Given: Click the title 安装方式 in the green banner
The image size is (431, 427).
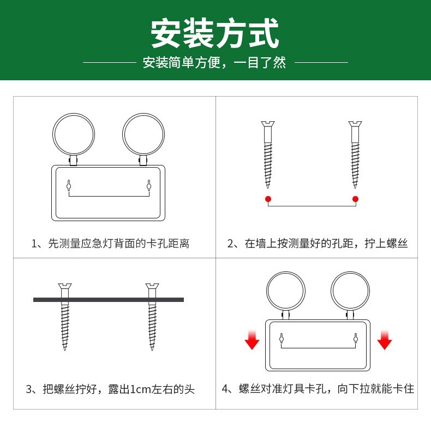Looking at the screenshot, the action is click(x=214, y=33).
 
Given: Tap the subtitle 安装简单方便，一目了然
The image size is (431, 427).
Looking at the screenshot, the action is click(x=214, y=62).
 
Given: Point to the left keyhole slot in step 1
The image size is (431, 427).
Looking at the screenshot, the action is click(x=69, y=186).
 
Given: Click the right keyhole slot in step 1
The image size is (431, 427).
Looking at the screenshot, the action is click(x=149, y=186).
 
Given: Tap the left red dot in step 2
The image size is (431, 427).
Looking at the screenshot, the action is click(x=268, y=199).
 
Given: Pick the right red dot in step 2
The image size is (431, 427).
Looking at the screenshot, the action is click(x=355, y=199).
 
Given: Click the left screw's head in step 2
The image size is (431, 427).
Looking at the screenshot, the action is click(x=268, y=123).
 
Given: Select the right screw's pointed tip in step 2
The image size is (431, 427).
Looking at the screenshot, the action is click(x=355, y=188).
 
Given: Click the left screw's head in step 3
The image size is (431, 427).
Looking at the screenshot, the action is click(x=65, y=286).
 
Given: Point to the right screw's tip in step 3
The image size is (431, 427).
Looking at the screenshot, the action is click(x=152, y=349).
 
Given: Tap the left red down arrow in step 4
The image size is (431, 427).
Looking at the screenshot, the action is click(x=252, y=340).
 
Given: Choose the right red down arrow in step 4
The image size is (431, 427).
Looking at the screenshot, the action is click(x=385, y=340).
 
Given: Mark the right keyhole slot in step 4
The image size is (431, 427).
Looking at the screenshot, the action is click(x=355, y=338).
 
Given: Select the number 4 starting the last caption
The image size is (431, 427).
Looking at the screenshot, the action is click(x=225, y=389).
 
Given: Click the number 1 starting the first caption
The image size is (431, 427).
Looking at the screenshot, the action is click(x=34, y=244).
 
